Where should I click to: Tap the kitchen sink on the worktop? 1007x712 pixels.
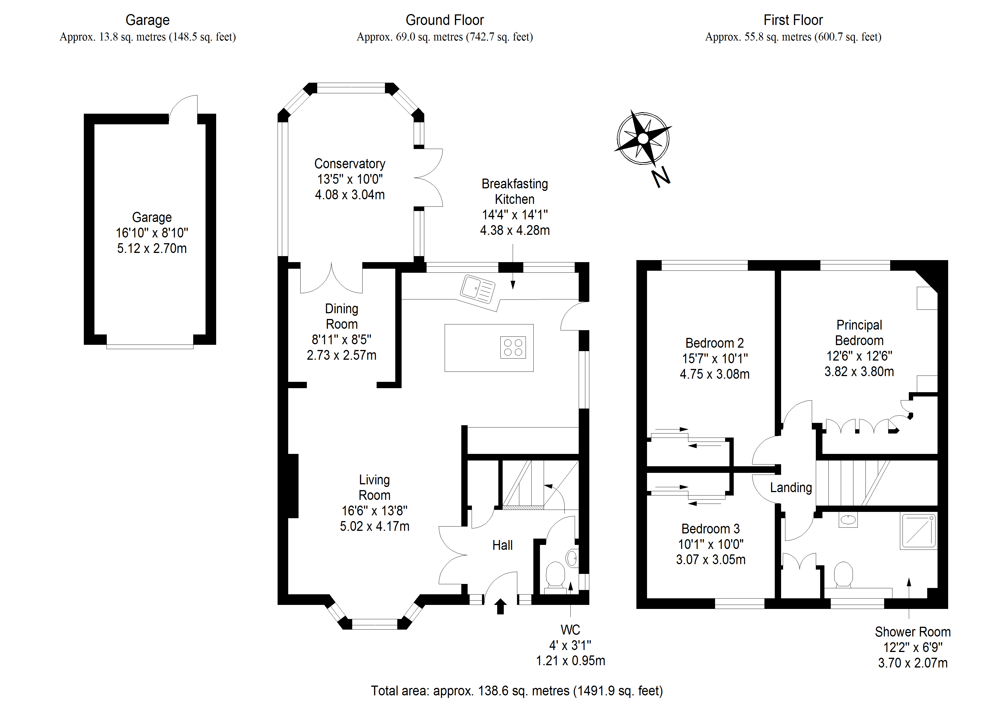[x=477, y=290]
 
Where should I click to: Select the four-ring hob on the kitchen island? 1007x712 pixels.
[x=513, y=347]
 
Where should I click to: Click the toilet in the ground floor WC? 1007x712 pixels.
[x=555, y=575]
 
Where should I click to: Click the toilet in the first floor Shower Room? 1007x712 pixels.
[x=843, y=575]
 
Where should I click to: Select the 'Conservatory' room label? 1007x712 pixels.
[x=350, y=164]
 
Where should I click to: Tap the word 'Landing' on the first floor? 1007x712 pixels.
[x=791, y=487]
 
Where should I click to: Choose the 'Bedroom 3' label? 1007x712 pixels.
[x=710, y=529]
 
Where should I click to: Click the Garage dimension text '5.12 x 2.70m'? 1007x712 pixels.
[x=152, y=248]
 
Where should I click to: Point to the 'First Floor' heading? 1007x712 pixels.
[x=793, y=20]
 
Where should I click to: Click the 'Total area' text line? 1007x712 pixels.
[x=517, y=691]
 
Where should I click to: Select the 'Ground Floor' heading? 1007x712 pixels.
[x=444, y=20]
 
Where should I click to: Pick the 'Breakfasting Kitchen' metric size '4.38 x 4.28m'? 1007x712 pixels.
[x=514, y=230]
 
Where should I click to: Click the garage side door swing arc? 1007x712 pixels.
[x=182, y=105]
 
